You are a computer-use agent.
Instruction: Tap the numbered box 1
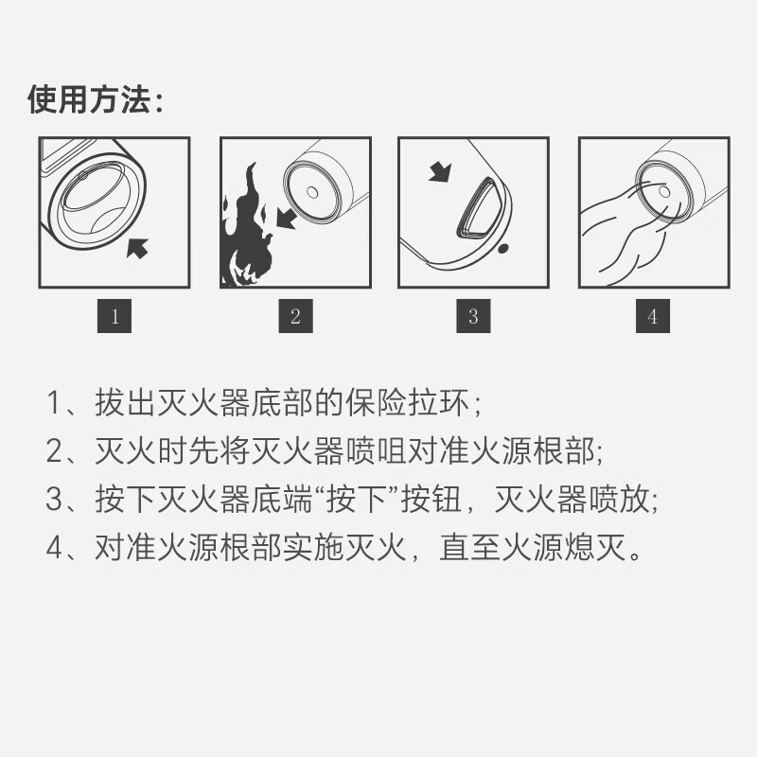tap(114, 316)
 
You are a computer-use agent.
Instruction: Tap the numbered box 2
tap(295, 316)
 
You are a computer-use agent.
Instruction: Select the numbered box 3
tap(473, 316)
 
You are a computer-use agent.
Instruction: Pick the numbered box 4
tap(652, 316)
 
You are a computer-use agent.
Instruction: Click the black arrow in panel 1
tap(138, 248)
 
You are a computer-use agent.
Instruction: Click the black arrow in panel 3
tap(440, 172)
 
